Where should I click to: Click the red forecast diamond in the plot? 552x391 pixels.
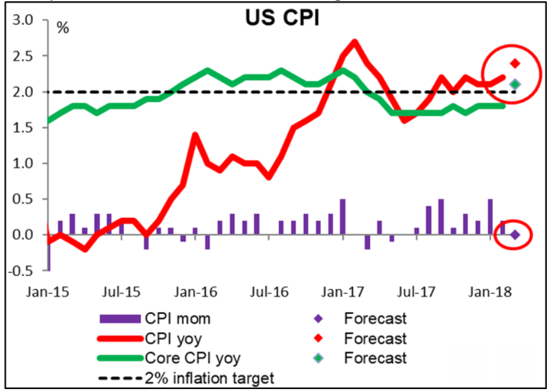coord(515,63)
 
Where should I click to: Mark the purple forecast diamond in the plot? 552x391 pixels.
coord(515,235)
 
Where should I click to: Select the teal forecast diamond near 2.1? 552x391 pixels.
coord(515,84)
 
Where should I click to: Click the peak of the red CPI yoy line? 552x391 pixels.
coord(354,42)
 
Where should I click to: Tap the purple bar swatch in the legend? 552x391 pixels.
coord(119,318)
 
